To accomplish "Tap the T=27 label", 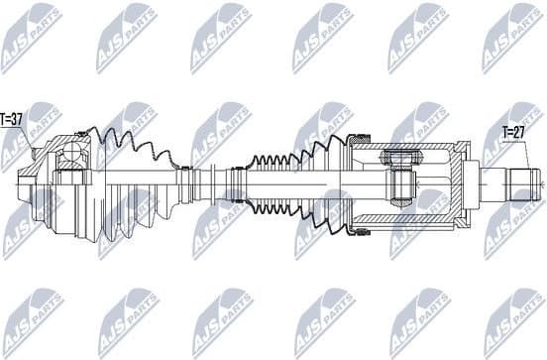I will tap(514, 130).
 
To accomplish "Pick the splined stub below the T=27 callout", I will tap(524, 184).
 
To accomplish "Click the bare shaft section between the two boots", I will tap(212, 184).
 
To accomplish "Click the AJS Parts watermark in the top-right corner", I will tap(511, 38).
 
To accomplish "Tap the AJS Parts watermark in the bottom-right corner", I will tap(511, 319).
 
